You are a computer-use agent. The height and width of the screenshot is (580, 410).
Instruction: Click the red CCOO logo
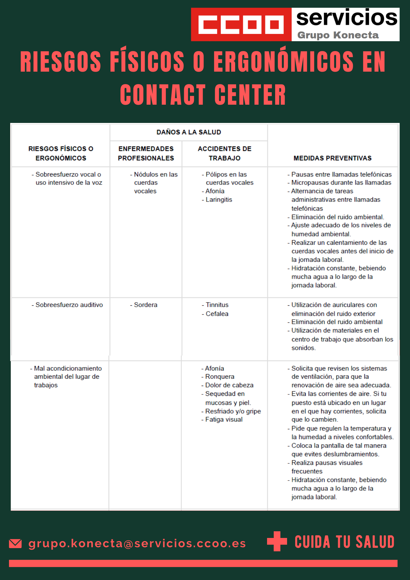241,25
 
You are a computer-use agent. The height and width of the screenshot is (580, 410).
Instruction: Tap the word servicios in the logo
347,18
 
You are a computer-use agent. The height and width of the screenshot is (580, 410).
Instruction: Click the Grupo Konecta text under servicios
338,35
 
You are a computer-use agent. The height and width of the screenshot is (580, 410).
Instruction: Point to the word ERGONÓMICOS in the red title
283,61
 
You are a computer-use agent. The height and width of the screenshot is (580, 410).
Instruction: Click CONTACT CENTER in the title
203,95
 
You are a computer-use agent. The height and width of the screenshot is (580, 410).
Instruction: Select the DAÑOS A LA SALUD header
189,132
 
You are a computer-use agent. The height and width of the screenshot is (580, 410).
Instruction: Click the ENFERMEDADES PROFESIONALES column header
146,153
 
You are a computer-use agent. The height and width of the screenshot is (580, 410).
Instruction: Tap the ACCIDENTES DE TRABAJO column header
224,153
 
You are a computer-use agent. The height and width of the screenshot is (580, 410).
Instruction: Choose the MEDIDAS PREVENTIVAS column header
332,158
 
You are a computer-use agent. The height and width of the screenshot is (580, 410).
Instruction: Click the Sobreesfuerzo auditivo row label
69,305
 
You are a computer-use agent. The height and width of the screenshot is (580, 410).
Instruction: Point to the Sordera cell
146,305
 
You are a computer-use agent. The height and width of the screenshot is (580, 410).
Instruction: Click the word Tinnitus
217,305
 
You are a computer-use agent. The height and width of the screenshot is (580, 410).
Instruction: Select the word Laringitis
219,200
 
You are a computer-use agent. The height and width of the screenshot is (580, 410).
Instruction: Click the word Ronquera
219,376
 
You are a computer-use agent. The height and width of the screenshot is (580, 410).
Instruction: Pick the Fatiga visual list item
224,419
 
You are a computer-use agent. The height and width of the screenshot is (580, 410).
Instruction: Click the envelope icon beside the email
15,543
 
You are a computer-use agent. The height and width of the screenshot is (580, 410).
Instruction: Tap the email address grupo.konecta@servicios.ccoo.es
137,543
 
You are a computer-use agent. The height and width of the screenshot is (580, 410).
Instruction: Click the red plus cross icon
277,541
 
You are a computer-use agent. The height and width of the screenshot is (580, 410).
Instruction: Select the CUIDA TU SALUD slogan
344,542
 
